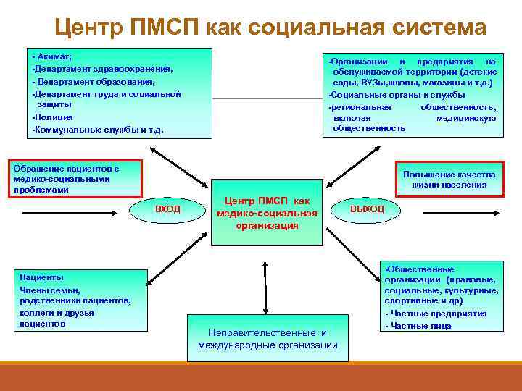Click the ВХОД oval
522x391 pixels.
coord(167,209)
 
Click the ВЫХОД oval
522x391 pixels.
coord(367,209)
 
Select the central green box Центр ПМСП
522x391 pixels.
coord(268,212)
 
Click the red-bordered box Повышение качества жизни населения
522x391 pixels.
coord(449,179)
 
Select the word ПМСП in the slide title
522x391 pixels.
coord(168,28)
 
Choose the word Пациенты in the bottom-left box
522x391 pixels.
coord(41,277)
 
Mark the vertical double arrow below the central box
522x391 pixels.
coord(268,279)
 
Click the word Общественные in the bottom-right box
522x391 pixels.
coord(420,269)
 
